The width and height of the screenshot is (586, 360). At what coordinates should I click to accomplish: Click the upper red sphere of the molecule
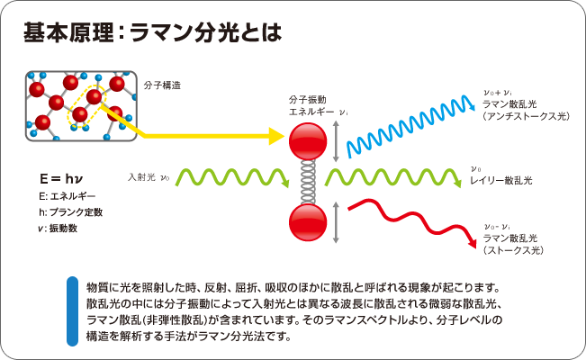pos(306,138)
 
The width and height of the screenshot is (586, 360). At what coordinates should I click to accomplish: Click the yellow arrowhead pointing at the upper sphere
pos(275,137)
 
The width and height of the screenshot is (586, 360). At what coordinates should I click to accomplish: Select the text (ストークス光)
pos(512,250)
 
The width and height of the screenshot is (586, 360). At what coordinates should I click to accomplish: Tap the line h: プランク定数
pos(71,212)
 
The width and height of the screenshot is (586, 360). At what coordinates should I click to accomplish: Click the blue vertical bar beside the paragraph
pos(72,311)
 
